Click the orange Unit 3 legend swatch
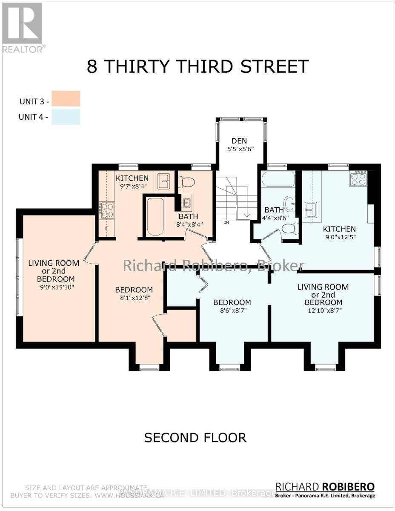tap(66, 98)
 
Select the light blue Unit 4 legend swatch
tap(66, 117)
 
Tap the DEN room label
tap(240, 141)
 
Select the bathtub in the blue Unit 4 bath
tap(278, 179)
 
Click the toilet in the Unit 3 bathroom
tap(186, 182)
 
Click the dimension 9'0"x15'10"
tap(54, 287)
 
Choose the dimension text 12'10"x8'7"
tap(323, 310)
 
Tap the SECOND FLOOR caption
tap(195, 437)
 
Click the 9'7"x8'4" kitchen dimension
tap(132, 186)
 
